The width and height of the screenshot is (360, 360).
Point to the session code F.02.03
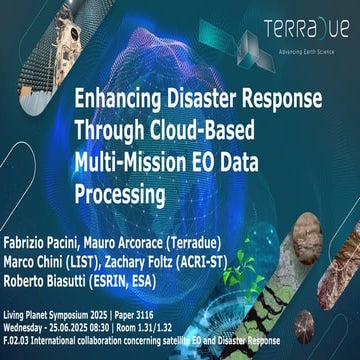[x=17, y=339]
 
